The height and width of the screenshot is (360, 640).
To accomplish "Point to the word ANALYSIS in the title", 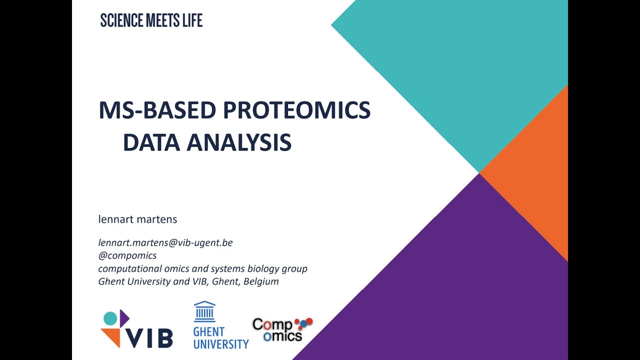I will click(x=239, y=142).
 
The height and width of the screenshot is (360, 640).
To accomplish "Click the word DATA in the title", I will click(x=151, y=142).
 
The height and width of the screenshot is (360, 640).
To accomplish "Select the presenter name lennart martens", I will click(x=138, y=219).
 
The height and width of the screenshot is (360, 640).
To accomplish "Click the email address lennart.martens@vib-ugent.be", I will click(x=165, y=242).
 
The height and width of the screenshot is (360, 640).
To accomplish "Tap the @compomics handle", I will click(x=127, y=255).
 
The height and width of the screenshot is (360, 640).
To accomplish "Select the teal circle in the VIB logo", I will click(x=110, y=318).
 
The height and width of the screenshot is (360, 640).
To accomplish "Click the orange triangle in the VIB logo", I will click(x=111, y=337).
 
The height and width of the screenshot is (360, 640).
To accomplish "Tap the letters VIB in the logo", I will click(x=149, y=338).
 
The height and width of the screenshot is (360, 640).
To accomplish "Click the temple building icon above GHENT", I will click(x=204, y=311).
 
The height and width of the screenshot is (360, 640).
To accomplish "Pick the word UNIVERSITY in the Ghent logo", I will click(x=220, y=344).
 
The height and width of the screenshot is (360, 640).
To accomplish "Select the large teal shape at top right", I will click(x=465, y=60).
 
